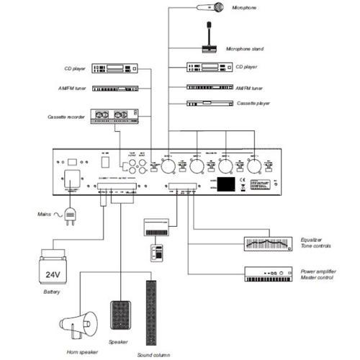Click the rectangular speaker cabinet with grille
[121, 315]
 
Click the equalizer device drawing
[267, 243]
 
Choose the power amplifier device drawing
[267, 274]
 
